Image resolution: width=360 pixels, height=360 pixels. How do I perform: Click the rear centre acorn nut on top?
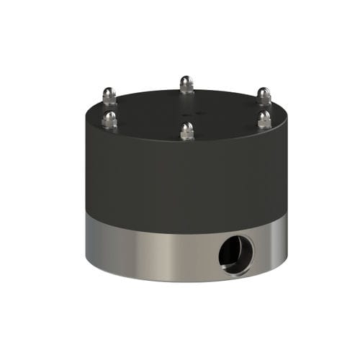(186, 84)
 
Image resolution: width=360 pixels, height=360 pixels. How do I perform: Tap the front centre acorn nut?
(187, 131)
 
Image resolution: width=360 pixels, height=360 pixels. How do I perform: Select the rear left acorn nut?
(109, 96)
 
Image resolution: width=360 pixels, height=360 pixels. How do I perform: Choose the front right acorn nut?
(264, 119)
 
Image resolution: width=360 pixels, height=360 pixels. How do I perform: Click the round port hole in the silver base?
(237, 254)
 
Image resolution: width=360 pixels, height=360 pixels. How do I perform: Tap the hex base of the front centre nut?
(187, 135)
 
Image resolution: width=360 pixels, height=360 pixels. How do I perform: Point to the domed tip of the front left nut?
(109, 114)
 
